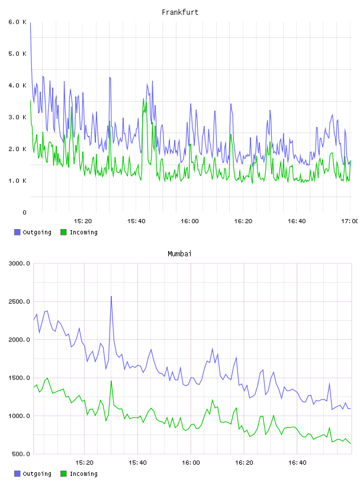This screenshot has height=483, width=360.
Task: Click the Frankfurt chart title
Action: pos(180,12)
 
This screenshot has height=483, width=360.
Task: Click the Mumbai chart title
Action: pos(179,253)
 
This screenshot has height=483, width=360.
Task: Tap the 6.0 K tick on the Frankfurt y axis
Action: pos(17,22)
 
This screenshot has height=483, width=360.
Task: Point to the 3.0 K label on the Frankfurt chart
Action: pos(17,117)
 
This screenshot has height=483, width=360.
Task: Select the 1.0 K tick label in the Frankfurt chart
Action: pos(17,181)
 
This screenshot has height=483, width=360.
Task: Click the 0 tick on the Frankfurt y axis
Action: pos(24,212)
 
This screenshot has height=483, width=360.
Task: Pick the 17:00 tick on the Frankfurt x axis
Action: pos(349,221)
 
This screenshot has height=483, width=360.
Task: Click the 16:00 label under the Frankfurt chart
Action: pos(189,221)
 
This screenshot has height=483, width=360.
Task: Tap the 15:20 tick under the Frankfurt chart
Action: pos(83,221)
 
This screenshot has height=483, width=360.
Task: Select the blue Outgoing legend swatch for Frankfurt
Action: pos(17,232)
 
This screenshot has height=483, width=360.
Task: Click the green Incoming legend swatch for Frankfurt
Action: pos(63,232)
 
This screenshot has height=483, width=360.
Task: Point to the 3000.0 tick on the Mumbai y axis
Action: pos(19,263)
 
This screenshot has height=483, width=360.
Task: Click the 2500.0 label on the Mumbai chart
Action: pos(19,301)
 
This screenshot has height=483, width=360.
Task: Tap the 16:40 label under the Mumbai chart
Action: pos(297,462)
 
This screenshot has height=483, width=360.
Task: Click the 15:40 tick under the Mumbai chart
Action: pos(137,462)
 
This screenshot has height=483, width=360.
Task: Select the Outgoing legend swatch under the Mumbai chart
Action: pos(17,474)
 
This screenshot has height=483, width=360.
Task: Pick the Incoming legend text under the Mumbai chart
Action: pos(83,474)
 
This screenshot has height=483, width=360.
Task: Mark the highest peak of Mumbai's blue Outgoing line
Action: pos(111,297)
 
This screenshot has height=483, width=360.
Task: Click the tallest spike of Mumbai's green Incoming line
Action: pos(111,381)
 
